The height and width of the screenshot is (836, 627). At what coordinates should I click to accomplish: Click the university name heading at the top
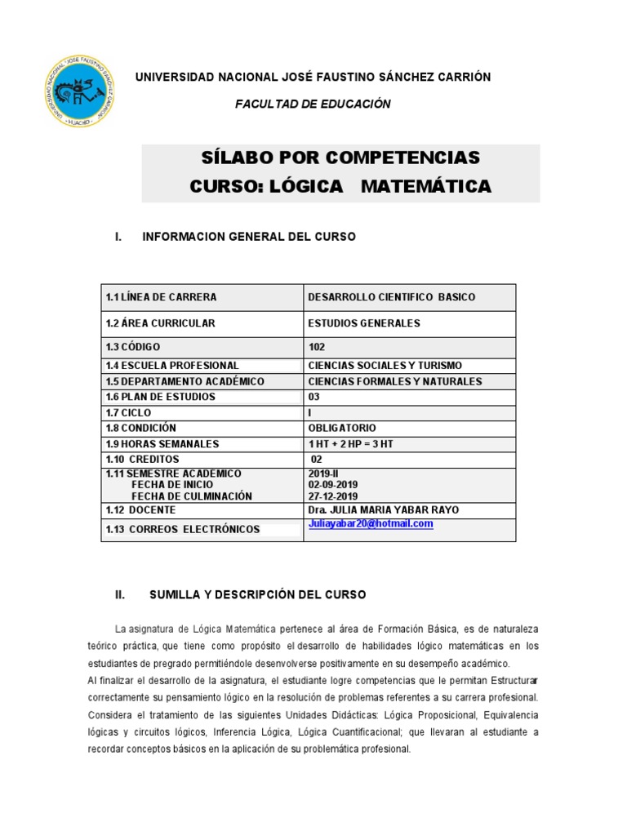coord(313,77)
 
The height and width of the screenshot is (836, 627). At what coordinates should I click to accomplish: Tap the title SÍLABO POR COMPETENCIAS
coord(340,157)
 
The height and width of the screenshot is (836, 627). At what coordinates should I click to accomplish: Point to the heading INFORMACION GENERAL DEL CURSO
coord(249,237)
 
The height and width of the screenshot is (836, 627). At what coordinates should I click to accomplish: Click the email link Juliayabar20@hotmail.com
coord(371,524)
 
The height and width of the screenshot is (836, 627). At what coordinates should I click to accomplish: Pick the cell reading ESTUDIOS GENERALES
coord(364,323)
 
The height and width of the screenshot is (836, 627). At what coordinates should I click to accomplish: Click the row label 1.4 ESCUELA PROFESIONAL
coord(172,366)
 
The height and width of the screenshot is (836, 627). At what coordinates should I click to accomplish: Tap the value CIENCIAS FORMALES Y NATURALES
coord(395,381)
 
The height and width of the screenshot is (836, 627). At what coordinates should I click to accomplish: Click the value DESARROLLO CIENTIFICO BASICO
coord(392,297)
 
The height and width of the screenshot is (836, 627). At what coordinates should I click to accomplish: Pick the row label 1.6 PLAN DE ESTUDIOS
coord(160,397)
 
